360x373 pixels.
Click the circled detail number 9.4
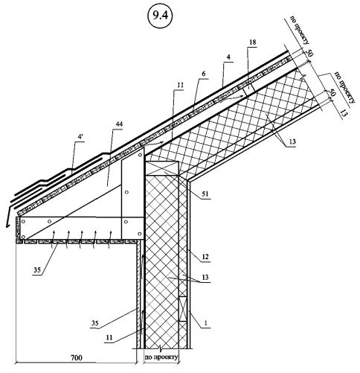pos(160,16)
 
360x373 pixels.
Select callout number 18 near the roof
pos(252,42)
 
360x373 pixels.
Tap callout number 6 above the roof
pos(204,74)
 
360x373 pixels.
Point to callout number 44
pos(119,124)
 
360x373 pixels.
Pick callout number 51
pos(205,194)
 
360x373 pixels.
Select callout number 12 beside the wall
pos(205,257)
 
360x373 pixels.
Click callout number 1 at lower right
pos(206,323)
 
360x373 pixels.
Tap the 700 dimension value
pos(77,357)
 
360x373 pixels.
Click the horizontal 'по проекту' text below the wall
pos(161,357)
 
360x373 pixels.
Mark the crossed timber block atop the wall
pos(161,169)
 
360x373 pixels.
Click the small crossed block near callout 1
pos(183,309)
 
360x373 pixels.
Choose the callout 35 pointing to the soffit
pos(37,270)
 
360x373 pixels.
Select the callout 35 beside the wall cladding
pos(95,323)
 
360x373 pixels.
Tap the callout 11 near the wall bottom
pos(109,337)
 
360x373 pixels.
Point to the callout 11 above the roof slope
pos(180,85)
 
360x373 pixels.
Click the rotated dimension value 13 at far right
pos(343,113)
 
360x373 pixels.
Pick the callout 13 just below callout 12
pos(205,277)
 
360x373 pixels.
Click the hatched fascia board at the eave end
pos(18,227)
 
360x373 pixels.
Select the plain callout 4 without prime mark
pos(228,57)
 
